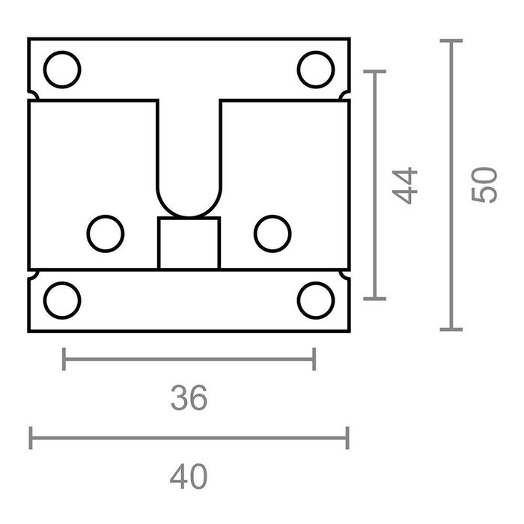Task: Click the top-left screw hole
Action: point(62,69)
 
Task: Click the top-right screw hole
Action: point(315,69)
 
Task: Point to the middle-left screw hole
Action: point(106,233)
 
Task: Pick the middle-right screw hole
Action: point(272,233)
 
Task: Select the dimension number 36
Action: point(188,397)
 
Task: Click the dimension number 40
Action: point(188,476)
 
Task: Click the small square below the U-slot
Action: point(189,243)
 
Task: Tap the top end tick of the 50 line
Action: point(451,41)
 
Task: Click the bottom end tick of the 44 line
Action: point(374,298)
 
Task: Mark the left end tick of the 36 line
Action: point(64,359)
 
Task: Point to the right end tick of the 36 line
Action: point(314,359)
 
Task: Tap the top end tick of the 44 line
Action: point(374,71)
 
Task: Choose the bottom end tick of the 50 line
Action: point(451,329)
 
